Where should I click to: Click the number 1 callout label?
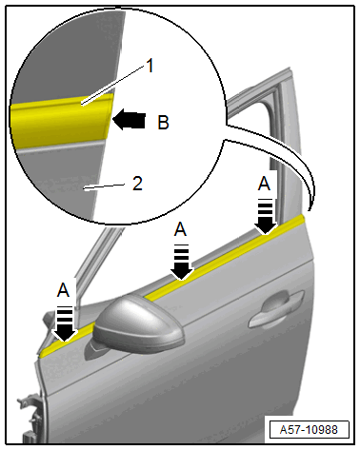click(x=150, y=67)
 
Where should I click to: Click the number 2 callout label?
click(x=137, y=184)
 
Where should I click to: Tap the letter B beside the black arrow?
click(x=163, y=123)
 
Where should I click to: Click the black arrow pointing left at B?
click(x=129, y=120)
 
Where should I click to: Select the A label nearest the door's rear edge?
click(x=264, y=184)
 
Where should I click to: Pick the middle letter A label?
click(x=180, y=229)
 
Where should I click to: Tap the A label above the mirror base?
click(x=63, y=290)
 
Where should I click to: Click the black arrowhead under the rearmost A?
click(x=266, y=224)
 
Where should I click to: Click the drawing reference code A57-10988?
click(x=309, y=430)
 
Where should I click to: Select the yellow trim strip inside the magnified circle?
click(x=61, y=120)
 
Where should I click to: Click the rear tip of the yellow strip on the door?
click(x=304, y=217)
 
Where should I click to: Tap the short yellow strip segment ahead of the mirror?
click(x=68, y=340)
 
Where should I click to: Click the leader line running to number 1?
click(x=113, y=85)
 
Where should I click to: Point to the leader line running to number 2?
click(x=104, y=186)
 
